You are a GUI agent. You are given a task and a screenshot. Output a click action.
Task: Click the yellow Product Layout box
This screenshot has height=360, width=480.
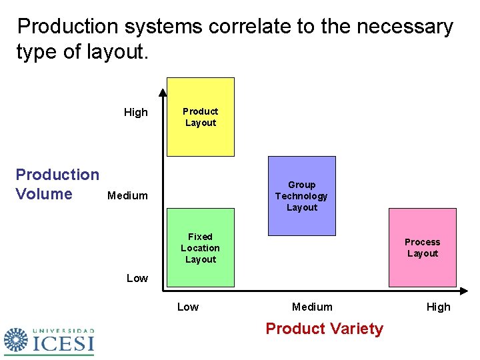[x=200, y=117]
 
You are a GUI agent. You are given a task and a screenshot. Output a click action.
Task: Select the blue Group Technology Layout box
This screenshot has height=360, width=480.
[x=301, y=196]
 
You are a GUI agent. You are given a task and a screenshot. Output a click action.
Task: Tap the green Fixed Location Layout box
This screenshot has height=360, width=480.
[x=200, y=248]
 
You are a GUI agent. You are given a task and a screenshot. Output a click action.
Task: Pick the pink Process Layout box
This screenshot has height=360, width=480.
[x=422, y=247]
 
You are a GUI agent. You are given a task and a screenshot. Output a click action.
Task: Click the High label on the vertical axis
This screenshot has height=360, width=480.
[x=136, y=112]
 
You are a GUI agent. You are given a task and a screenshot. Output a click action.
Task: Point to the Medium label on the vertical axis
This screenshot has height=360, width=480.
[x=127, y=195]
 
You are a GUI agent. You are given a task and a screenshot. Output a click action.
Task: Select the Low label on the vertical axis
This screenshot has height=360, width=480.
[x=137, y=278]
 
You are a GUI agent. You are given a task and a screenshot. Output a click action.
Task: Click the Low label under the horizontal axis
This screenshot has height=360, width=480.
[x=187, y=307]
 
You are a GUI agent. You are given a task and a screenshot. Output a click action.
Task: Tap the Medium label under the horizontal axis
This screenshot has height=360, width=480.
[x=312, y=307]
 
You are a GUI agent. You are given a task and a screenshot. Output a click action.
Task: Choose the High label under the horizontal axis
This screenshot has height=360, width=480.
[x=438, y=307]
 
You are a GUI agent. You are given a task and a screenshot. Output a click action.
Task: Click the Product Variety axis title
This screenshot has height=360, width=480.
[x=324, y=329]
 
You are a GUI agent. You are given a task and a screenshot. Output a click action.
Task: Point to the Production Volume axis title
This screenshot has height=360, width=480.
[x=57, y=184]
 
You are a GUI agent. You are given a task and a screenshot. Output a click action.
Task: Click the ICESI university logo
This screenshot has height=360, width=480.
[x=49, y=341]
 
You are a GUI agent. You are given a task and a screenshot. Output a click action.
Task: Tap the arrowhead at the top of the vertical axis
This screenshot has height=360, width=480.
[x=162, y=92]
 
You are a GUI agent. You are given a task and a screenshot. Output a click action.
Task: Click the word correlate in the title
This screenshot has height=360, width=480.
[x=247, y=27]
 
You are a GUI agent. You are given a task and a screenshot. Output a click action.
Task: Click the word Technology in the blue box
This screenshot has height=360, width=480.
[x=301, y=196]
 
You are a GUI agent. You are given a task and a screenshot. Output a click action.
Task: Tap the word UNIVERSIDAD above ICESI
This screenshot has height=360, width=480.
[x=63, y=331]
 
